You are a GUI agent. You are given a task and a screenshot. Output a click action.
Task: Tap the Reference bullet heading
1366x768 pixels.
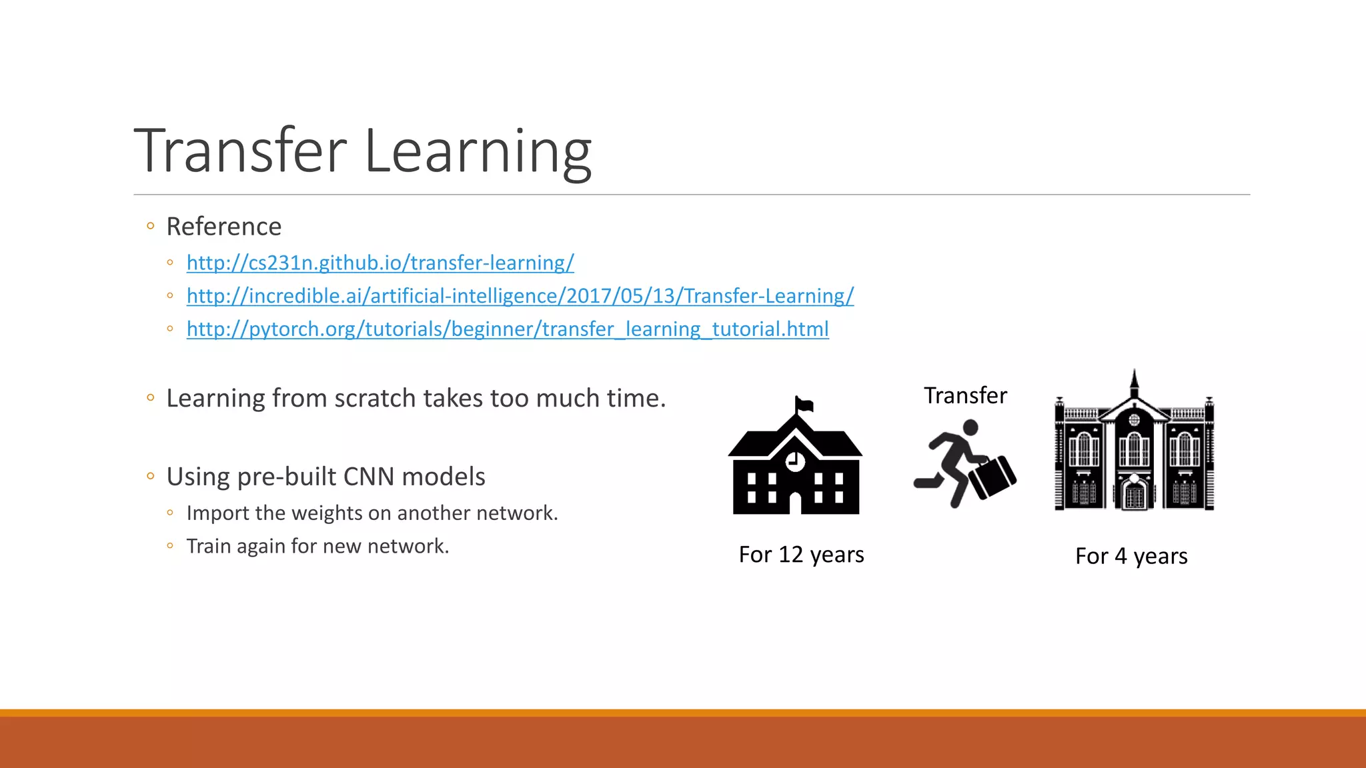pyautogui.click(x=223, y=227)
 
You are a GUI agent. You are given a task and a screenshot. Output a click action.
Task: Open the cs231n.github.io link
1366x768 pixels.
pyautogui.click(x=380, y=263)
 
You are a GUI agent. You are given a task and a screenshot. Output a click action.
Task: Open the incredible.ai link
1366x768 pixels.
pyautogui.click(x=520, y=296)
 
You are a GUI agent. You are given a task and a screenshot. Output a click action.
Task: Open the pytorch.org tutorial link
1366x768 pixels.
pyautogui.click(x=508, y=329)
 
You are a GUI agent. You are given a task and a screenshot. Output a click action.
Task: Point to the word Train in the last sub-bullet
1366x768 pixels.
pyautogui.click(x=209, y=546)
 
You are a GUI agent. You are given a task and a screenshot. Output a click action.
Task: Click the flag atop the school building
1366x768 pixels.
pyautogui.click(x=804, y=404)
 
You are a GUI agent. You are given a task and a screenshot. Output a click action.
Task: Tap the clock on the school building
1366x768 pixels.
pyautogui.click(x=795, y=461)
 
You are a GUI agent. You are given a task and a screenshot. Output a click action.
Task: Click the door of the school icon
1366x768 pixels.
pyautogui.click(x=795, y=503)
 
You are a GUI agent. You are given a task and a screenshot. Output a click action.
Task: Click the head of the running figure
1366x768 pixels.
pyautogui.click(x=970, y=427)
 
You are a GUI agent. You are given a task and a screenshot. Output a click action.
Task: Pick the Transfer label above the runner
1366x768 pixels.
pyautogui.click(x=965, y=396)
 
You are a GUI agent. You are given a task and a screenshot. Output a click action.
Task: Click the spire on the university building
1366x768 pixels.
pyautogui.click(x=1134, y=383)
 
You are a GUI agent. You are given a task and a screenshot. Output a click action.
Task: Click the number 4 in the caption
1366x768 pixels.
pyautogui.click(x=1121, y=556)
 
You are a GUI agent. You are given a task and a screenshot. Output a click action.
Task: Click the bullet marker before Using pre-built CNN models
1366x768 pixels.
pyautogui.click(x=151, y=476)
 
